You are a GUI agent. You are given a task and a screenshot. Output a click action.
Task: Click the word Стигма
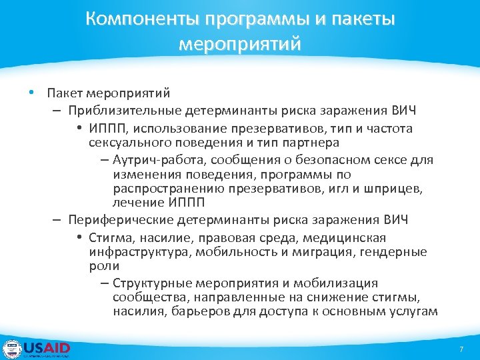pos(110,237)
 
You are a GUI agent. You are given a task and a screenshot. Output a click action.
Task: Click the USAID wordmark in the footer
pos(47,348)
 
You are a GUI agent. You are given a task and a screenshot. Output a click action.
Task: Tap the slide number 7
pos(461,350)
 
